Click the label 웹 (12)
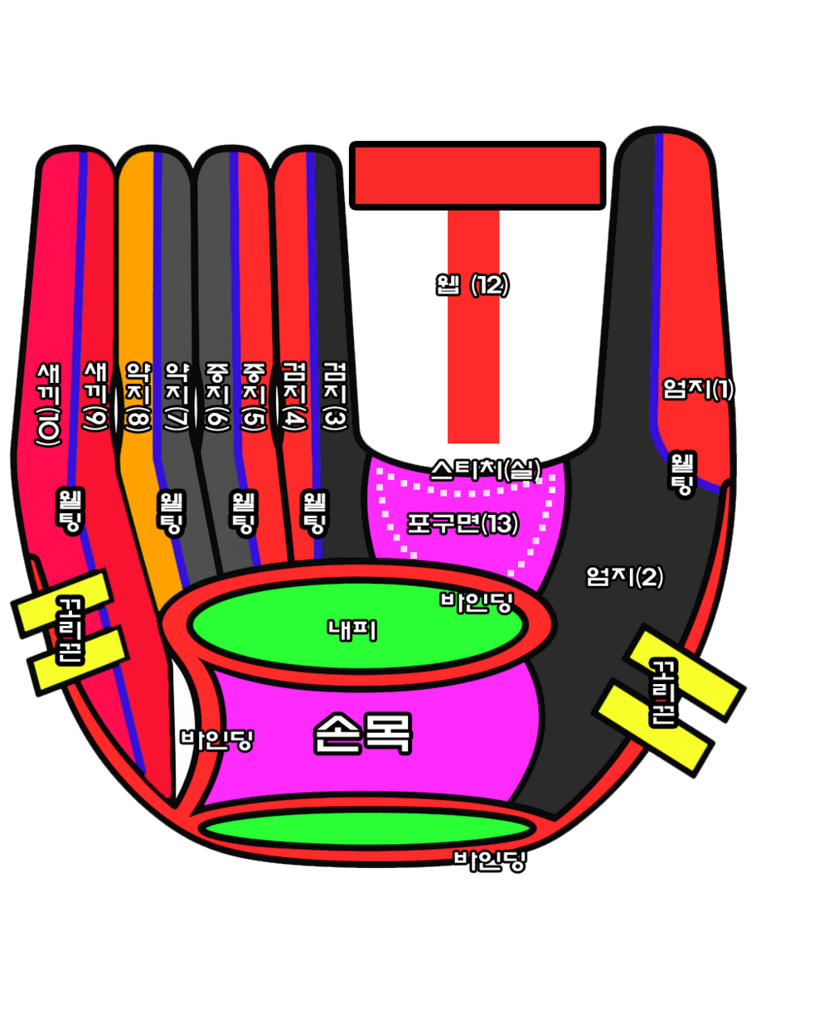(473, 285)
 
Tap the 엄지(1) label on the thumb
(698, 388)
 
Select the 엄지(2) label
(624, 576)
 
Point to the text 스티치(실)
(485, 470)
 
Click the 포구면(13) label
(463, 523)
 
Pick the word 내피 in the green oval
(352, 630)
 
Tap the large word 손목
(362, 733)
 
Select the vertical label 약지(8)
(138, 396)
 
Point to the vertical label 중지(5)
(254, 396)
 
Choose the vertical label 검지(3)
(335, 396)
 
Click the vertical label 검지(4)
(294, 396)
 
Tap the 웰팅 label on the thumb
(682, 473)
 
